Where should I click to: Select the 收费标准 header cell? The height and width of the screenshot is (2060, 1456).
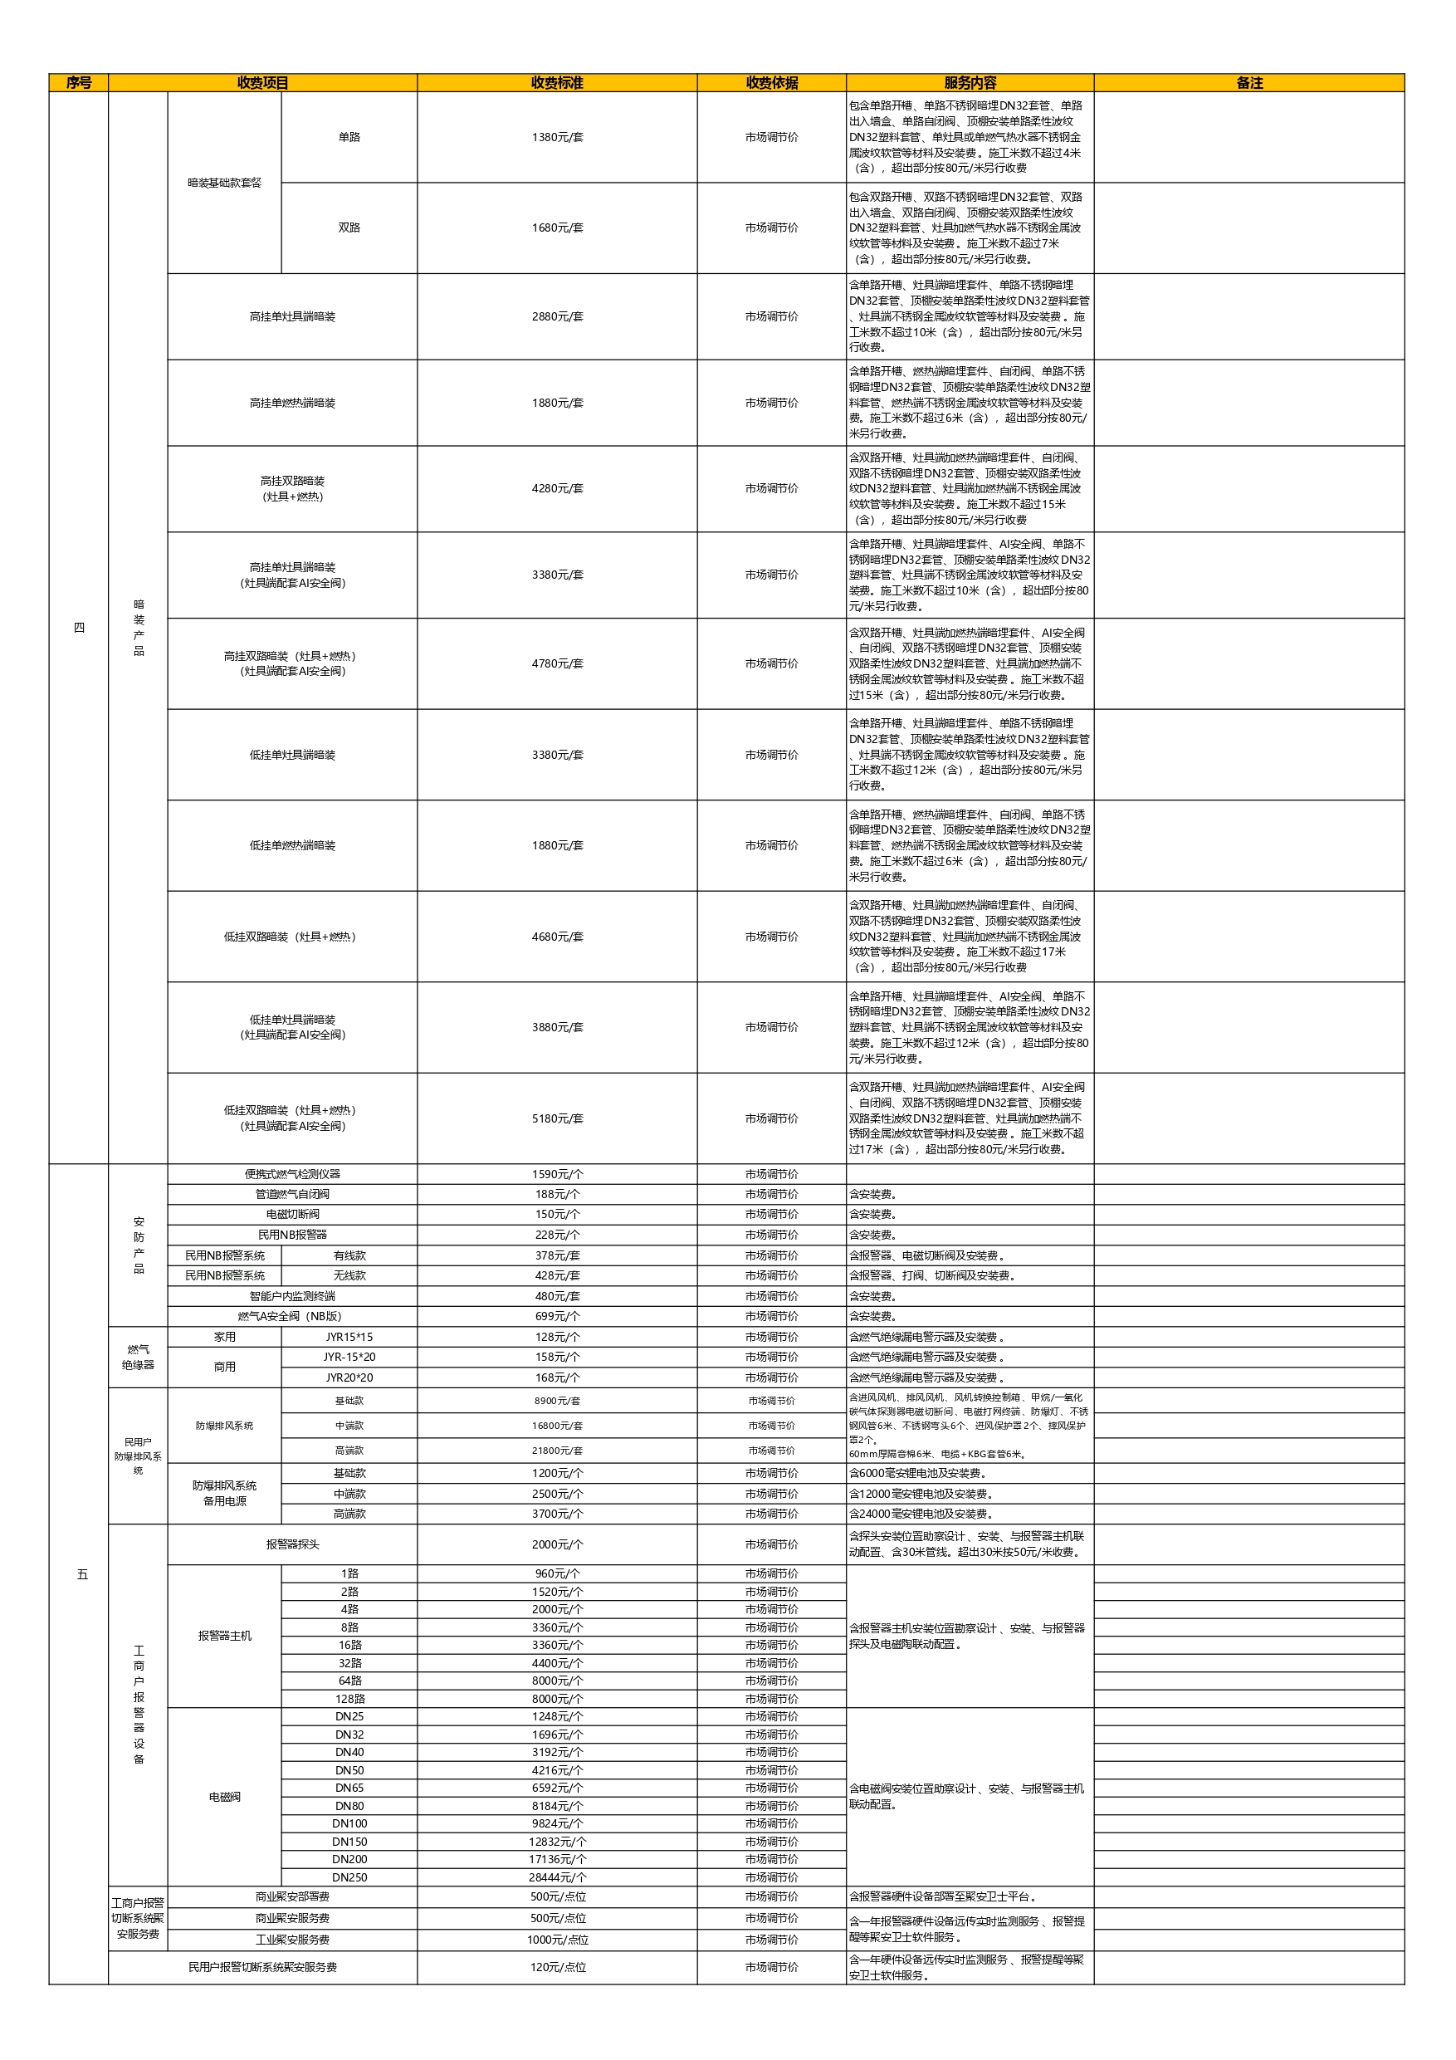(x=556, y=82)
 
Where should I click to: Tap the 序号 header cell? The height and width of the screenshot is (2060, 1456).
(x=78, y=82)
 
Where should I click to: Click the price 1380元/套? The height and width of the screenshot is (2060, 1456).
(x=556, y=137)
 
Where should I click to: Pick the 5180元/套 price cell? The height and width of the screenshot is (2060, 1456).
(x=556, y=1118)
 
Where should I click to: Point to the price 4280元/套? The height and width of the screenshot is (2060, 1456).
(x=556, y=488)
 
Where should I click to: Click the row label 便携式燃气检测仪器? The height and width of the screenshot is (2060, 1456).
(x=291, y=1173)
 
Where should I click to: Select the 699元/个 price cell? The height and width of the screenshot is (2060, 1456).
(x=556, y=1316)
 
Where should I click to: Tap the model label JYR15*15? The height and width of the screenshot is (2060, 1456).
(x=349, y=1337)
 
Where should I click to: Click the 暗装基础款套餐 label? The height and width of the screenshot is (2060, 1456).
(x=224, y=183)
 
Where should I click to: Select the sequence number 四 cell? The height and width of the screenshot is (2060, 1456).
(x=78, y=627)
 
